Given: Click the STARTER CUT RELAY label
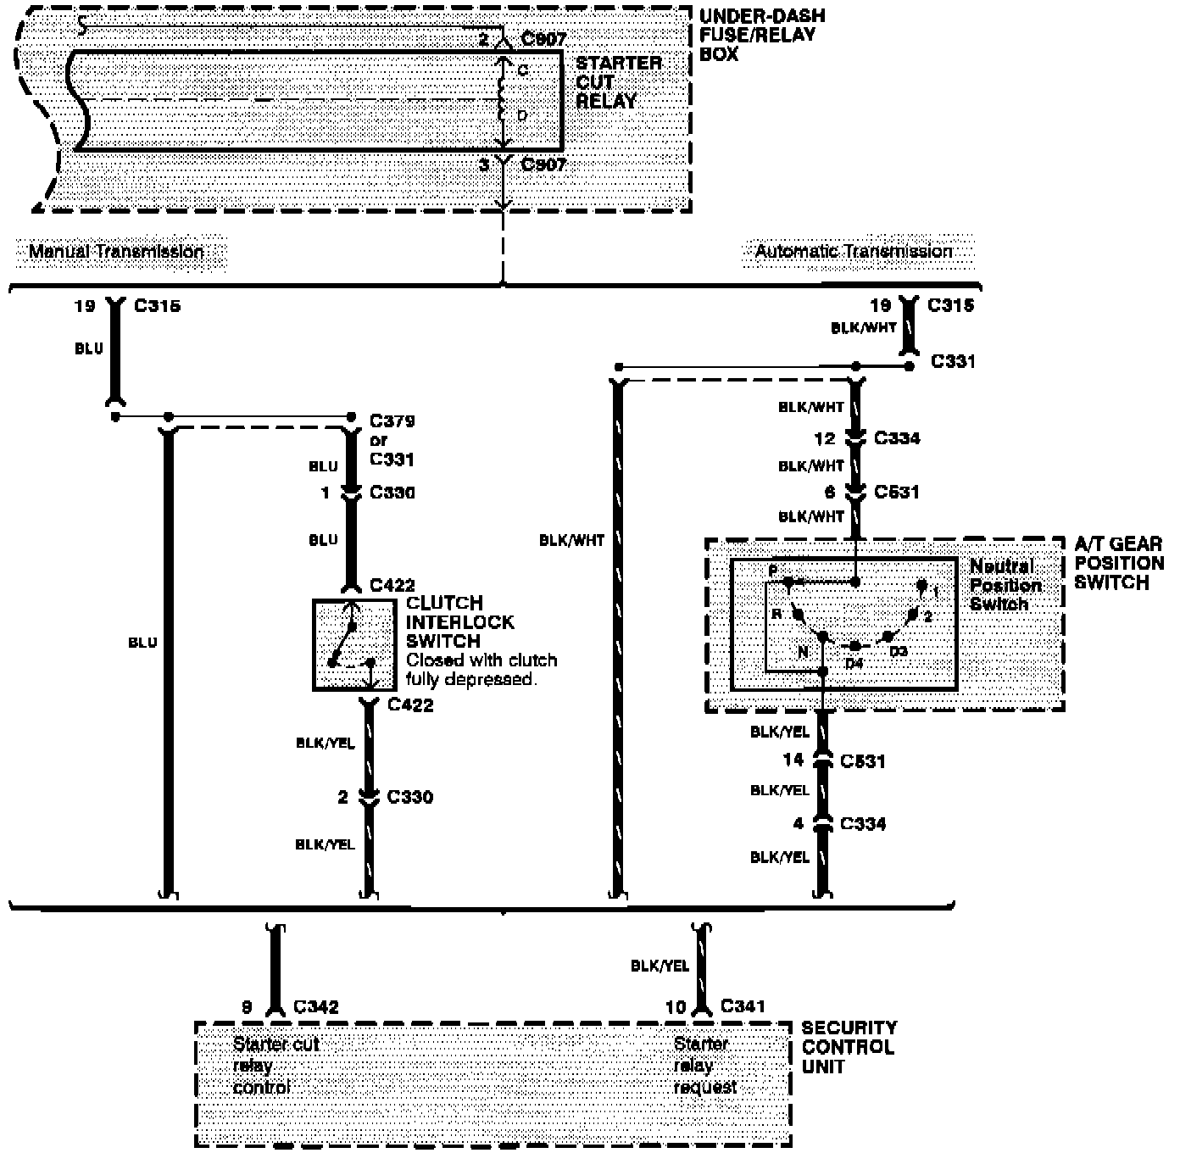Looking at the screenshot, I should tap(618, 82).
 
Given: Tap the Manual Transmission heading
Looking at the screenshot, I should tap(116, 252).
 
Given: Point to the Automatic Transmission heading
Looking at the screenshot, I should tap(854, 252).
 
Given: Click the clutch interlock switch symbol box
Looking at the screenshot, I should tap(354, 645).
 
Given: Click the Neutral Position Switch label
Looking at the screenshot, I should tap(1001, 585).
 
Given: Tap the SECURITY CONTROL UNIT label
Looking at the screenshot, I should tap(848, 1047).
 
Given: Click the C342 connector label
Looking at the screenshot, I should tap(316, 1007).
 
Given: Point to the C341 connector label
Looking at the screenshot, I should tap(743, 1006).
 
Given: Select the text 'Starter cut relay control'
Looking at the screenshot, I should tap(276, 1066).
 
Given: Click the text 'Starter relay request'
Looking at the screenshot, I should tap(704, 1066).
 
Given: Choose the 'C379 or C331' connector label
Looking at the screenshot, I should tap(392, 440).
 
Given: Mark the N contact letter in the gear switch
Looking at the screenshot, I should tap(803, 652).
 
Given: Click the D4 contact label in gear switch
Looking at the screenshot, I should tap(854, 663).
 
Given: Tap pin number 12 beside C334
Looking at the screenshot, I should tap(825, 438).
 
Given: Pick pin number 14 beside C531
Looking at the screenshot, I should tap(793, 760).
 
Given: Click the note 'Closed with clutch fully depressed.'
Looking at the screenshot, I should tap(481, 670).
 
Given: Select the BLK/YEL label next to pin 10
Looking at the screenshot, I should tap(660, 965).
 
